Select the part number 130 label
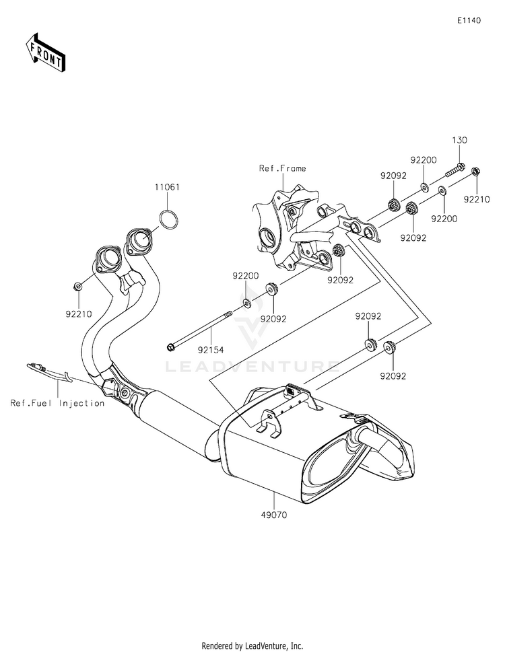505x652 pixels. pyautogui.click(x=459, y=140)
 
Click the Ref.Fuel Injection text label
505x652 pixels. pyautogui.click(x=57, y=403)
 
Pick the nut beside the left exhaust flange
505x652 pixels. pyautogui.click(x=79, y=286)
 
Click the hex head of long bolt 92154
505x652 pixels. pyautogui.click(x=170, y=348)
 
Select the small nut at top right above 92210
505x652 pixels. pyautogui.click(x=475, y=172)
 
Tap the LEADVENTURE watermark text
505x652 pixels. pyautogui.click(x=252, y=367)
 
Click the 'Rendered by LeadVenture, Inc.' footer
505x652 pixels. pyautogui.click(x=252, y=645)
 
